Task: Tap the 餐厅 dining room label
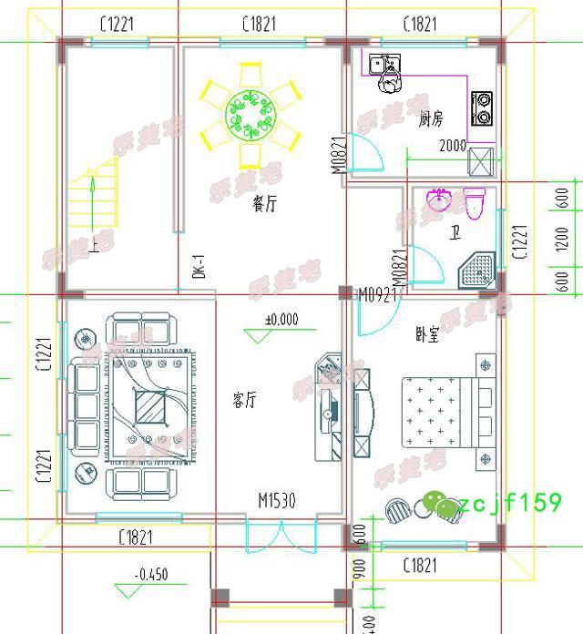click(264, 204)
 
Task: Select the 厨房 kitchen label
click(430, 119)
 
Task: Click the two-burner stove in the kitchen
click(481, 107)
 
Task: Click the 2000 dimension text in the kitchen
click(452, 145)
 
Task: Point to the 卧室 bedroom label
click(426, 334)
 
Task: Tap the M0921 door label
click(376, 294)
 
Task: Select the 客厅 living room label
click(244, 399)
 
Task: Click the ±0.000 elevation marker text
click(283, 320)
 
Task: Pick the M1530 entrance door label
click(276, 499)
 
